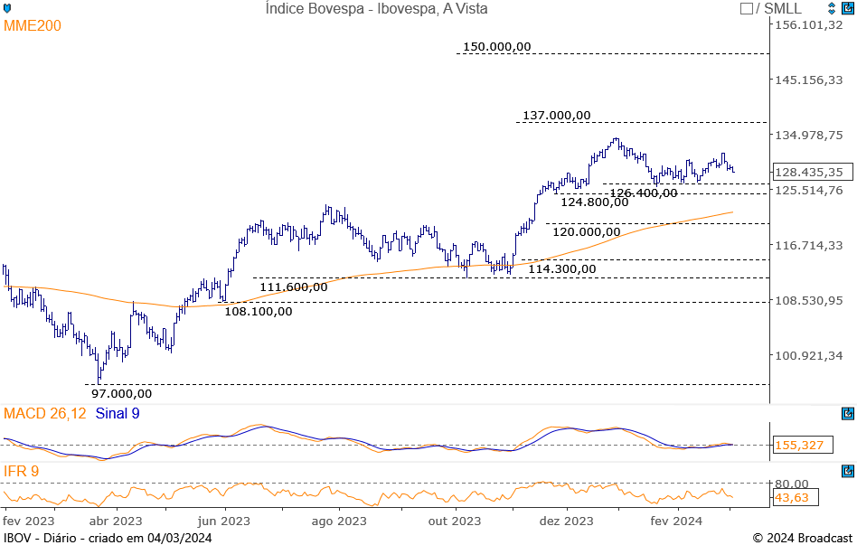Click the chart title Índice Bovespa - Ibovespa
pyautogui.click(x=376, y=8)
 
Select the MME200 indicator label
pyautogui.click(x=33, y=25)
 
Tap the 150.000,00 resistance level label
pyautogui.click(x=496, y=46)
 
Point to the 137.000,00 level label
pyautogui.click(x=556, y=115)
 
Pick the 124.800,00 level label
pyautogui.click(x=594, y=202)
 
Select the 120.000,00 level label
pyautogui.click(x=587, y=231)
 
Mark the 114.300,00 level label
pyautogui.click(x=561, y=268)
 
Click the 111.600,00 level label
pyautogui.click(x=293, y=287)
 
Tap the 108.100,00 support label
pyautogui.click(x=259, y=311)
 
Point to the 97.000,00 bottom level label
pyautogui.click(x=122, y=393)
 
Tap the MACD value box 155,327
pyautogui.click(x=801, y=445)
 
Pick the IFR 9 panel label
pyautogui.click(x=21, y=471)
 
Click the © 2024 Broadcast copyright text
pyautogui.click(x=802, y=538)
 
